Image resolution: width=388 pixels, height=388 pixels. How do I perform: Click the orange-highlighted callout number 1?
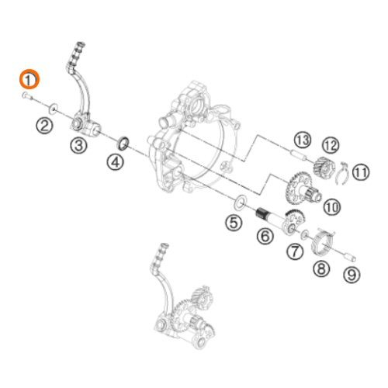(x=29, y=79)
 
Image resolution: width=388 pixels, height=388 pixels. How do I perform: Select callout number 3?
(x=79, y=145)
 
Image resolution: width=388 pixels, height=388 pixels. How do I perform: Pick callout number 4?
(x=115, y=163)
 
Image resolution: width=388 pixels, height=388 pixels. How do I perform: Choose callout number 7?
(x=296, y=251)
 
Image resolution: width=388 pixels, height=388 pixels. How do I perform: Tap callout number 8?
(x=321, y=269)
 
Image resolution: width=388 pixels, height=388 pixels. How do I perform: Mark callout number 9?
(x=352, y=273)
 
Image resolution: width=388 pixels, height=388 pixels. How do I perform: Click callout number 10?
(x=332, y=206)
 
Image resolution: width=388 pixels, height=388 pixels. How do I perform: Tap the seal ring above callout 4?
(x=123, y=143)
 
